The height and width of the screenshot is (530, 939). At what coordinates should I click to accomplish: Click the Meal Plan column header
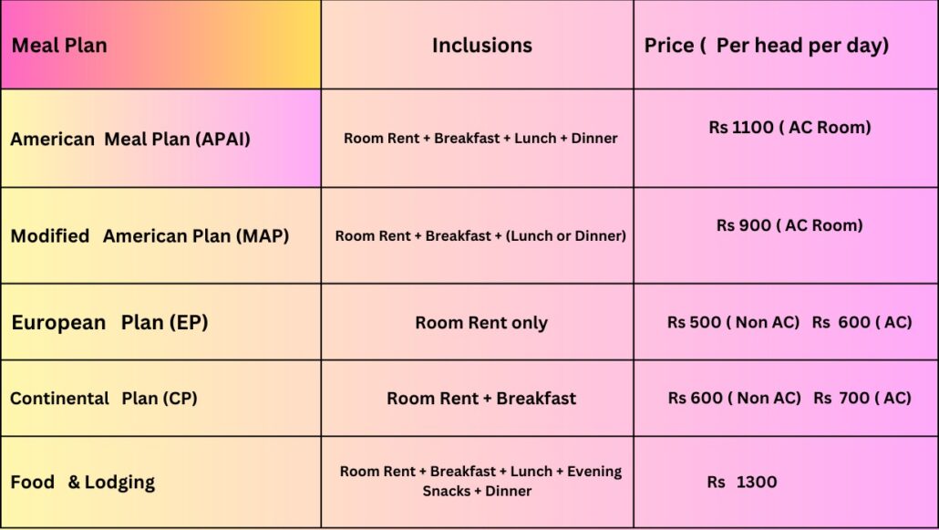tap(59, 46)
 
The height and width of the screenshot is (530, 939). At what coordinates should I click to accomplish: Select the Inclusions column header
tap(482, 46)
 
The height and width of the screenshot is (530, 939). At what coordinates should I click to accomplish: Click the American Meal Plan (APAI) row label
tap(130, 139)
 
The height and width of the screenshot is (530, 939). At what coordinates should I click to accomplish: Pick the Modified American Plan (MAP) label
tap(150, 236)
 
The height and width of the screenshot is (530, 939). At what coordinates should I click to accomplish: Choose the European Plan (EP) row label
tap(109, 323)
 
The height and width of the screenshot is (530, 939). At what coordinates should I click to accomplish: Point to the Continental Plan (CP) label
tap(104, 399)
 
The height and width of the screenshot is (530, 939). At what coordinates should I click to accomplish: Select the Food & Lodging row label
tap(83, 483)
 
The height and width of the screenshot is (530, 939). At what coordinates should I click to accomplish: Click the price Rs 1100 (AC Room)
tap(789, 128)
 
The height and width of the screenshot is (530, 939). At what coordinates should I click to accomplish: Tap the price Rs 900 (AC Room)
tap(789, 226)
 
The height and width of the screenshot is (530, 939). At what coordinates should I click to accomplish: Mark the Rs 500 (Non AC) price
tap(734, 323)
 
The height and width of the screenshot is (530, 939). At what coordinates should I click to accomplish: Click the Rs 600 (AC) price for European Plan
tap(862, 323)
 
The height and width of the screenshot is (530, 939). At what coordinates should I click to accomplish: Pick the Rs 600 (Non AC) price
tap(735, 398)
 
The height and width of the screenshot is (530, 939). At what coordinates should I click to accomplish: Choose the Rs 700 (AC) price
tap(862, 398)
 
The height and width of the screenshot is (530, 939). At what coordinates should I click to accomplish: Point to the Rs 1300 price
tap(742, 482)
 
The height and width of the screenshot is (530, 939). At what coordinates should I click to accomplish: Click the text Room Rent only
tap(481, 323)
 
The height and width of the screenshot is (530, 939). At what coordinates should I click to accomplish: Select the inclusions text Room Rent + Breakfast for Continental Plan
tap(481, 399)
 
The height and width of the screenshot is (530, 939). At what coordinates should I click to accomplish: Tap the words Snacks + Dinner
tap(478, 491)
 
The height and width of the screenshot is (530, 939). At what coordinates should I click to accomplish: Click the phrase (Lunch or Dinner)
tap(566, 236)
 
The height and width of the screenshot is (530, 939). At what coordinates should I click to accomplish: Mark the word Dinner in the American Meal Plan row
tap(594, 139)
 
